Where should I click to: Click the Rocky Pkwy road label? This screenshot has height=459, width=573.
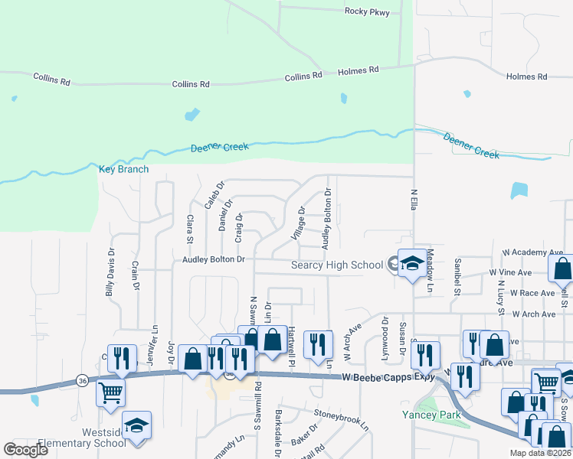367,11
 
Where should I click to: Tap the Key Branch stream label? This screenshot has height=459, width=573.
123,169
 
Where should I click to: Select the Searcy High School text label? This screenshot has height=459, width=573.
336,265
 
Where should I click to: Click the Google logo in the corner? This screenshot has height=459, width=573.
25,450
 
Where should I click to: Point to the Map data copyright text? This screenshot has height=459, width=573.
541,453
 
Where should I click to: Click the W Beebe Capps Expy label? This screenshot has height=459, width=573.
389,377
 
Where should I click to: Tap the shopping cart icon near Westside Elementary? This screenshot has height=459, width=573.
110,392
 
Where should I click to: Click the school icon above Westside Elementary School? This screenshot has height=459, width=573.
136,425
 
